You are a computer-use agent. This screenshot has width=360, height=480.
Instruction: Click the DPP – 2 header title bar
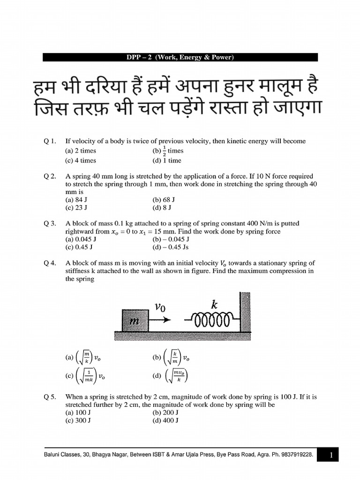(180, 57)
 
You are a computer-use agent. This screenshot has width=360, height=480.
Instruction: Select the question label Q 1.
(50, 141)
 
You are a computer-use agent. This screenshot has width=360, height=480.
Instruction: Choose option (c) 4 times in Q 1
(81, 160)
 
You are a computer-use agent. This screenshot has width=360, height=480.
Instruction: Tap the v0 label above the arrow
(160, 307)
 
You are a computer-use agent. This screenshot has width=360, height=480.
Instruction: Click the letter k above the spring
(214, 305)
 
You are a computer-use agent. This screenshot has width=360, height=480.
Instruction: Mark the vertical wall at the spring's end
(245, 312)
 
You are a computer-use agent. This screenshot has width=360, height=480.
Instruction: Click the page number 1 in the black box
(330, 455)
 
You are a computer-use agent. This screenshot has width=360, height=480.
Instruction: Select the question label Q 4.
(50, 263)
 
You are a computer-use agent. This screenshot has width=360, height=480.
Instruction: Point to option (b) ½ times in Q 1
(168, 151)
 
